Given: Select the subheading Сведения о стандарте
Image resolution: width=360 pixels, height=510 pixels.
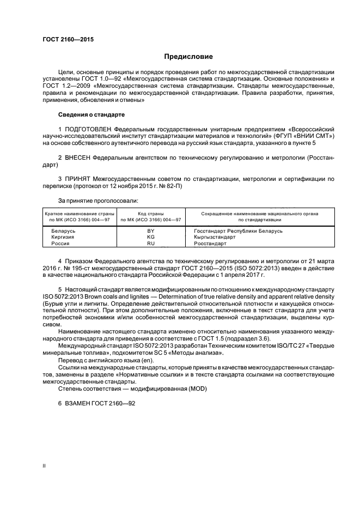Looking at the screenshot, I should tap(91, 115).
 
